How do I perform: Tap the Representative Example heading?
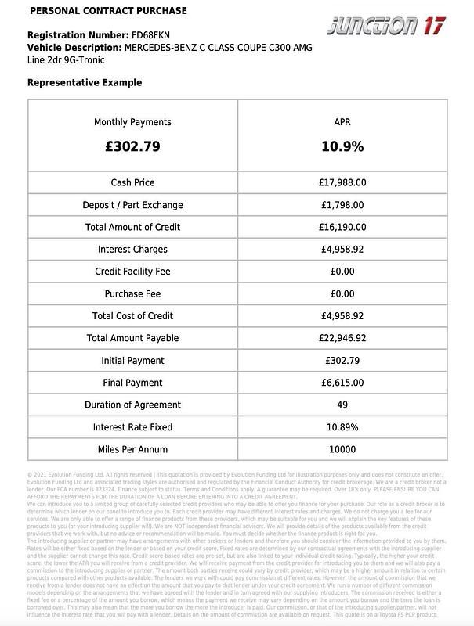85,82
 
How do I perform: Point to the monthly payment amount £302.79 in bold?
132,146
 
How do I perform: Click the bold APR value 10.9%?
342,146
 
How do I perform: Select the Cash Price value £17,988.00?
342,182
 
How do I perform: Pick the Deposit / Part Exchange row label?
132,205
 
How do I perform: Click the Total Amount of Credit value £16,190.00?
342,227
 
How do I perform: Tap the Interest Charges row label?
132,250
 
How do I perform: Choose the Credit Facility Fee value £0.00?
342,272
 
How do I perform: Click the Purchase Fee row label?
132,294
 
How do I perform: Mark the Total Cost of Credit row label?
132,316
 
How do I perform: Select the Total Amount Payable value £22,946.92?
342,338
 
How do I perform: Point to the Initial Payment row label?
132,361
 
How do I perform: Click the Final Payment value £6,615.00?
342,383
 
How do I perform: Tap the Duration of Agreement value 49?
342,405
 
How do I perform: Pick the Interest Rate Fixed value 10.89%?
342,427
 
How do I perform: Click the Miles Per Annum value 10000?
342,450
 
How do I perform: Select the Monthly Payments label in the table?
132,122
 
